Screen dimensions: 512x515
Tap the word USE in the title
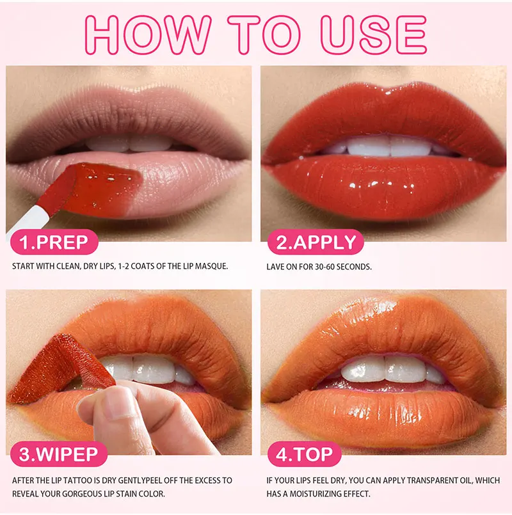click(374, 35)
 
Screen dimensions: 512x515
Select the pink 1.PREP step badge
click(54, 242)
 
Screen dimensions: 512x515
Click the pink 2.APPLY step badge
click(316, 242)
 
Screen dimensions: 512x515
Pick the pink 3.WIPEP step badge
click(59, 454)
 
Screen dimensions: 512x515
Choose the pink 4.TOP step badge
click(304, 454)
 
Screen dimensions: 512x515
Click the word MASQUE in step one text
click(211, 266)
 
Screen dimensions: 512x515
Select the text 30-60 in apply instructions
click(324, 267)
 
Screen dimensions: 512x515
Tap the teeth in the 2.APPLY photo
click(390, 147)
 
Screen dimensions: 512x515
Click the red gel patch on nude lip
click(102, 188)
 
